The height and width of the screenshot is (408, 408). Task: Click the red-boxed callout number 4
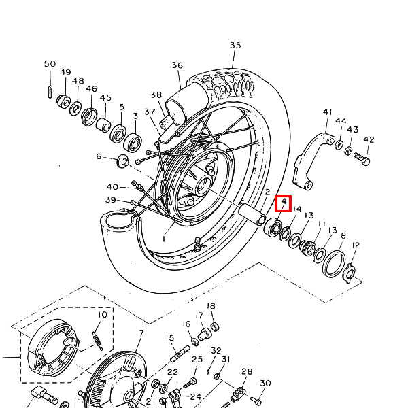coord(284,201)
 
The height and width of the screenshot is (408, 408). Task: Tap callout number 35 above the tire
coord(235,46)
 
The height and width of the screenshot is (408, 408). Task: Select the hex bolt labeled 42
coord(362,158)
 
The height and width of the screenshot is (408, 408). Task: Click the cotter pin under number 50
coord(50,92)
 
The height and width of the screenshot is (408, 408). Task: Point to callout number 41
coord(328,112)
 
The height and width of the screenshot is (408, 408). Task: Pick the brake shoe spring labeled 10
coord(97,341)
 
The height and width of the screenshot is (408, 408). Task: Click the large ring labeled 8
coord(334,264)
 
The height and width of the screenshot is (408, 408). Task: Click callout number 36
coord(177,65)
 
